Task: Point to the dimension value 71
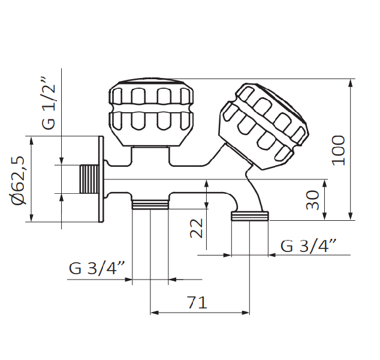tap(197, 302)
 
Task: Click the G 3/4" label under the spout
tap(308, 245)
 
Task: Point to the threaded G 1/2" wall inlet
tap(89, 179)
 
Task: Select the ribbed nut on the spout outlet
tap(251, 215)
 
